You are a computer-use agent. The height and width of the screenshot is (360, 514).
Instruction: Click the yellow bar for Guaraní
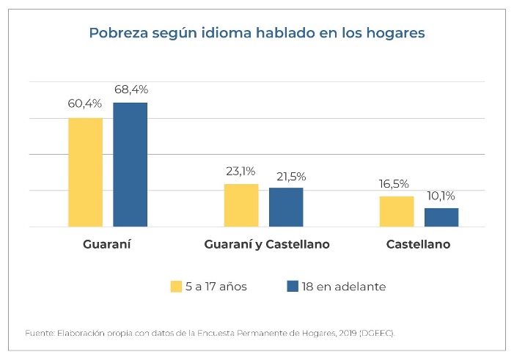86,172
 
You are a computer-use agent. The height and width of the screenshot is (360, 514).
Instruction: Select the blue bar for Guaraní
130,165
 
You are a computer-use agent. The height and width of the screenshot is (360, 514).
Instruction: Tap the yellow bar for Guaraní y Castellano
241,205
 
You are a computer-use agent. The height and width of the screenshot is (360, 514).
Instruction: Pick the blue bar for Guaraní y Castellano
286,207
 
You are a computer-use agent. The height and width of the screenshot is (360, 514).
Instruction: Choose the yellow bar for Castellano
397,212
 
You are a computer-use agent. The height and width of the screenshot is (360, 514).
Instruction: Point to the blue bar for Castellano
441,218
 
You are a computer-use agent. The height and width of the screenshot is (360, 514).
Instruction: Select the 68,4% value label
131,90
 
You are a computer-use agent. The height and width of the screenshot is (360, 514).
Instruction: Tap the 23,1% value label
241,172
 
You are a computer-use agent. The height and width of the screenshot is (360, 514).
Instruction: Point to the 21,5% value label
287,177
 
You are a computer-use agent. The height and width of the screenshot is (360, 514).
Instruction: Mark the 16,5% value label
396,185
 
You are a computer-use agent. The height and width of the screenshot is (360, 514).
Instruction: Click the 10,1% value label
441,196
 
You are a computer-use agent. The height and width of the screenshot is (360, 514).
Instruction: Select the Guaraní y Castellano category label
267,244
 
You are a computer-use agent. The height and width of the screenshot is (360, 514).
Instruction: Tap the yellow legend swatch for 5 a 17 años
176,287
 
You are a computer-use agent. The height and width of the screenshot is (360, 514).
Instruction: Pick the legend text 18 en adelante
343,287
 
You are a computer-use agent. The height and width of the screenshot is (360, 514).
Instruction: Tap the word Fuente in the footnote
38,333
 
